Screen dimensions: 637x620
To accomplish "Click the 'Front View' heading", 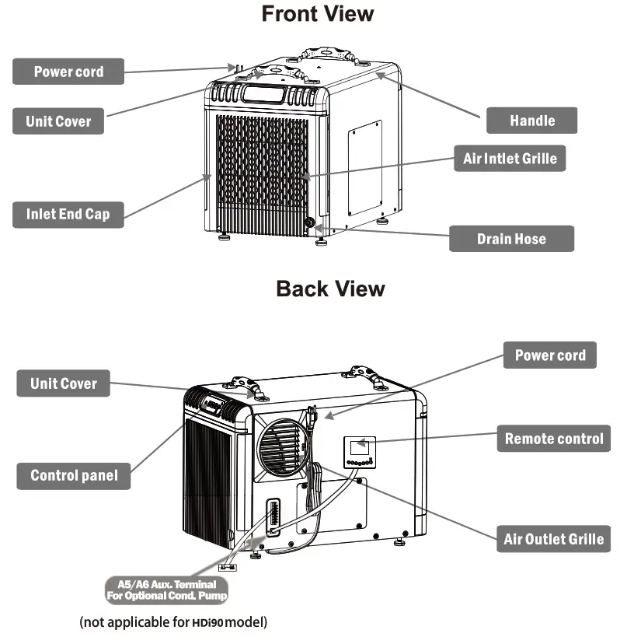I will [x=317, y=14].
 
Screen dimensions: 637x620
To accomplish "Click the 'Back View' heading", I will [x=330, y=289].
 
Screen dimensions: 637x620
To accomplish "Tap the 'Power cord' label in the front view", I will [x=68, y=72].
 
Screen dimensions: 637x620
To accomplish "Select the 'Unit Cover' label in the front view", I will [x=58, y=121].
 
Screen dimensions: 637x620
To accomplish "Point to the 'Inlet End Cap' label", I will [x=68, y=214].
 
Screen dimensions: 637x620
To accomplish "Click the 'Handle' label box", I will [x=532, y=121].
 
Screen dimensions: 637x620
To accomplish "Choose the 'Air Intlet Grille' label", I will [x=510, y=159].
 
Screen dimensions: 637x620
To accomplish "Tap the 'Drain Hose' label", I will [x=511, y=239].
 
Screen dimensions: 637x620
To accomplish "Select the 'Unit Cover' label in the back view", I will [x=63, y=383].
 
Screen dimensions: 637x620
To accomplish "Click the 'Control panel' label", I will [x=74, y=475].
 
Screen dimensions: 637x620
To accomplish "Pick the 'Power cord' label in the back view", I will [x=550, y=355].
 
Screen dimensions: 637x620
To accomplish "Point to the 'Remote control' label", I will [x=553, y=439].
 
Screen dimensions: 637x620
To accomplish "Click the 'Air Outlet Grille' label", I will [x=553, y=539].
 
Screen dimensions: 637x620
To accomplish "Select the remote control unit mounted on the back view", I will [x=361, y=451].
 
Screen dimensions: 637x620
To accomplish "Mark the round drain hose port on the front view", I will [x=311, y=223].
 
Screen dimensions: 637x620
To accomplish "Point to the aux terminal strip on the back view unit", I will [x=272, y=517].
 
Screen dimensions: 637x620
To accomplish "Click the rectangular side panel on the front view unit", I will [x=364, y=167].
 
